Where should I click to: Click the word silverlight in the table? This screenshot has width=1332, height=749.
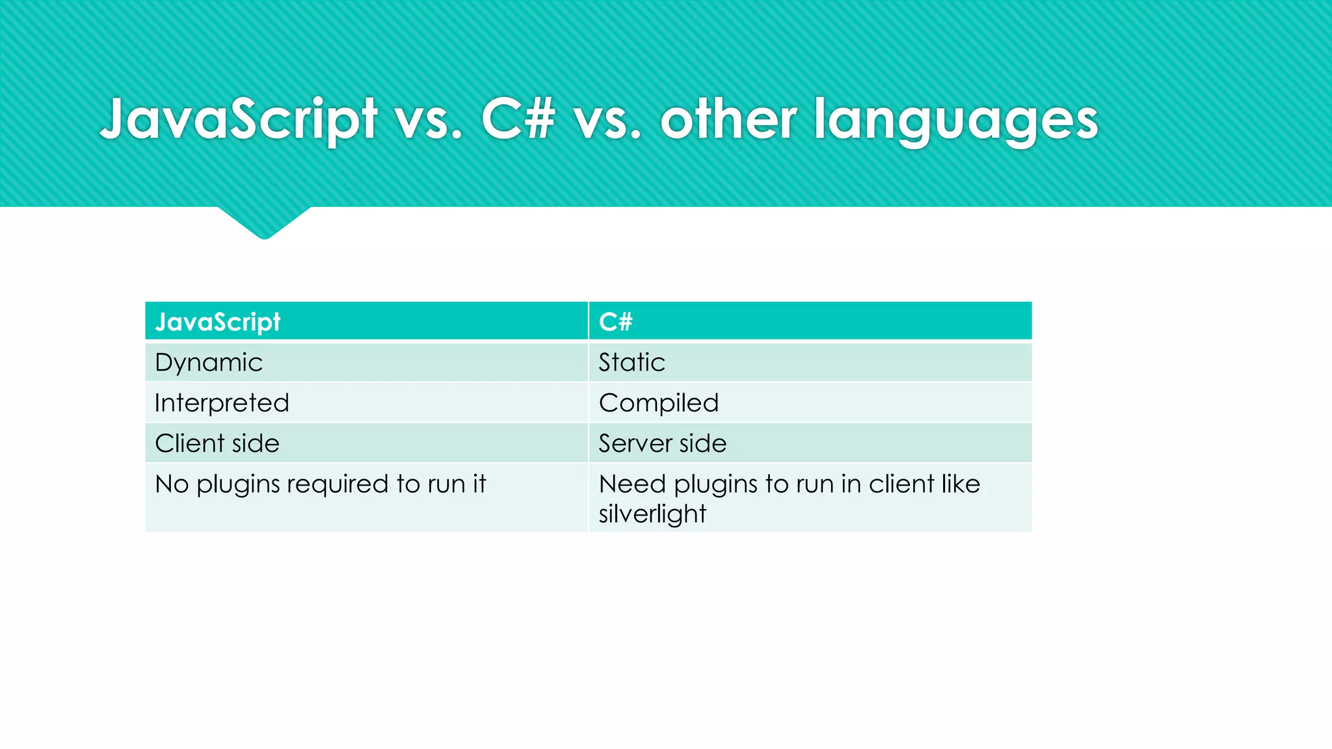click(652, 514)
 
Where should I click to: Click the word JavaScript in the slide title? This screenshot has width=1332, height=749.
click(239, 119)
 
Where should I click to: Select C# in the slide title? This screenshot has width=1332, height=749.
click(518, 119)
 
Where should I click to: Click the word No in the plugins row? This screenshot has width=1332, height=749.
click(172, 484)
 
